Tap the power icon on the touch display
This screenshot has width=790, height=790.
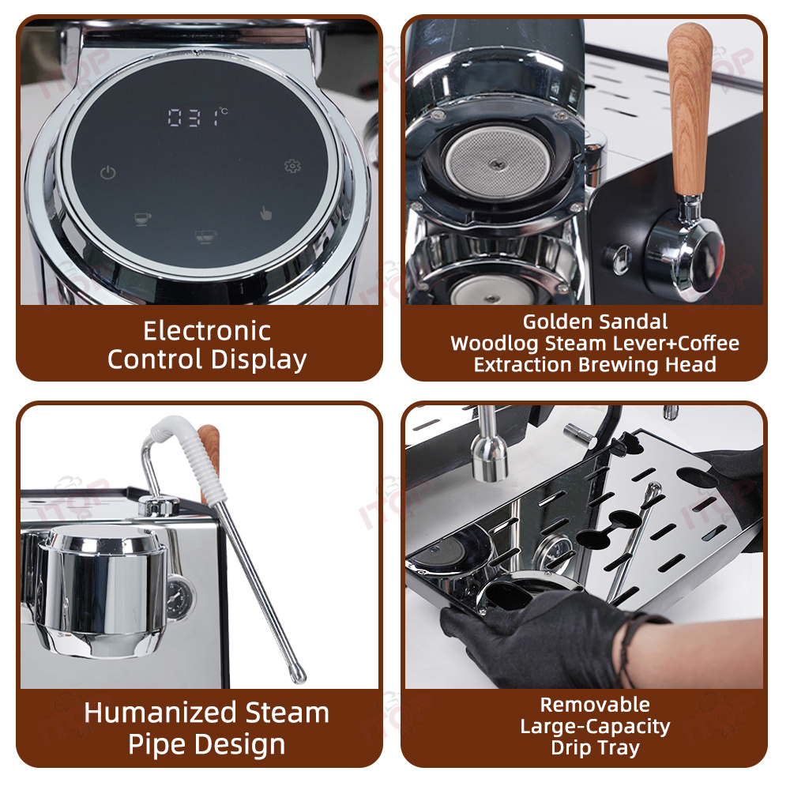(x=107, y=173)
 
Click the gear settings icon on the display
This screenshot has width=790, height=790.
(x=292, y=166)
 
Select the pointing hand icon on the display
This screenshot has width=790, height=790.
(x=265, y=213)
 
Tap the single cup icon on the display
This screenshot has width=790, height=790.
(x=142, y=219)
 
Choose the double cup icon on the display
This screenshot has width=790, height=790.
(x=205, y=236)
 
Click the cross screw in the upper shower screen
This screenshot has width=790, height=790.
(x=497, y=164)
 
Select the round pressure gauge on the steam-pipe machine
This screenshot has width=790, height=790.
(x=179, y=598)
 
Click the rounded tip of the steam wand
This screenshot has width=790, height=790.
(x=299, y=675)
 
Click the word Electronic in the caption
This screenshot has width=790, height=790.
(x=207, y=331)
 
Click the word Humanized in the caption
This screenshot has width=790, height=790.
(x=153, y=713)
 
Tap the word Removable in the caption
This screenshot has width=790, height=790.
(x=595, y=705)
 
